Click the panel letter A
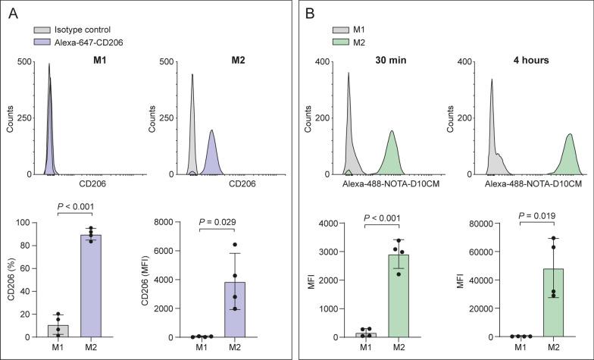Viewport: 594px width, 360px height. pos(14,13)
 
